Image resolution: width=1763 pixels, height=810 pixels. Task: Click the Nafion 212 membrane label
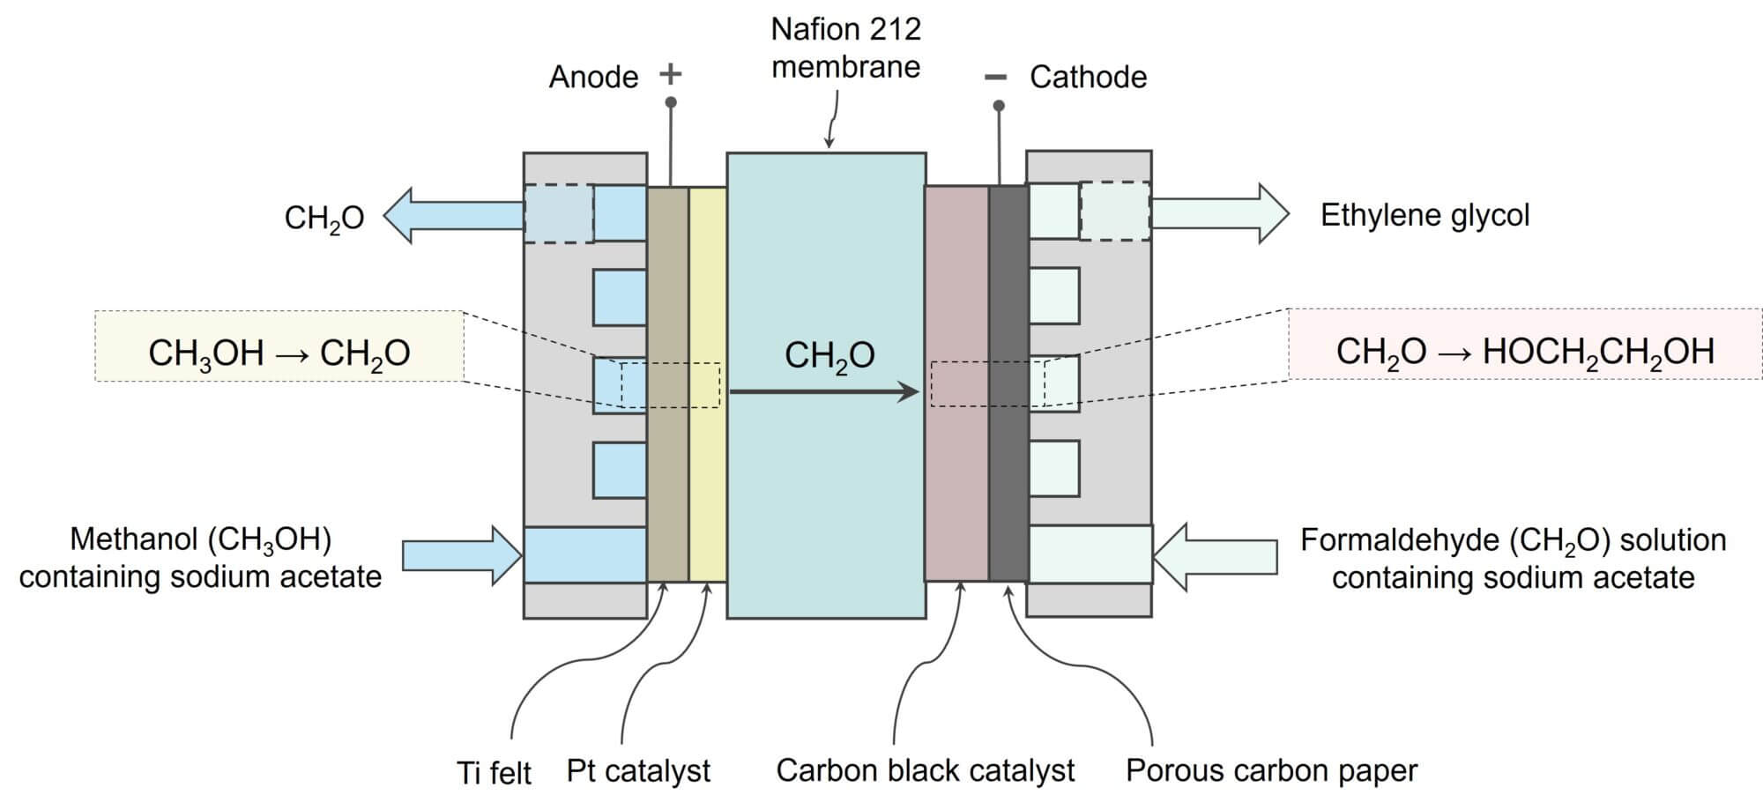pos(845,48)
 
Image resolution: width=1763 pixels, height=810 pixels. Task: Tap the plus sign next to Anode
pos(671,73)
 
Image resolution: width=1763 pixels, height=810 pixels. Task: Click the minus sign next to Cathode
pos(994,78)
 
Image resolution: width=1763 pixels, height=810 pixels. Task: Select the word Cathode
pos(1088,78)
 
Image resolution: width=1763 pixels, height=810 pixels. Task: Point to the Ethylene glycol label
pos(1425,215)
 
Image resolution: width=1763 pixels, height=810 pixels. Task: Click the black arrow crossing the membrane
pos(824,392)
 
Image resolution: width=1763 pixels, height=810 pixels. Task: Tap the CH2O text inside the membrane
pos(829,355)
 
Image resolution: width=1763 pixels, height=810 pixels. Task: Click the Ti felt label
pos(494,773)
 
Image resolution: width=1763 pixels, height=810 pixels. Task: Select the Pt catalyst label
pos(638,770)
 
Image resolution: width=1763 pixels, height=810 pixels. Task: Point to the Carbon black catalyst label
pos(925,770)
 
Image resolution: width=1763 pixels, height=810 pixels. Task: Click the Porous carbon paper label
pos(1271,770)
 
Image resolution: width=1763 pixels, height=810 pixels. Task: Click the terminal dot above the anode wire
pos(671,103)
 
